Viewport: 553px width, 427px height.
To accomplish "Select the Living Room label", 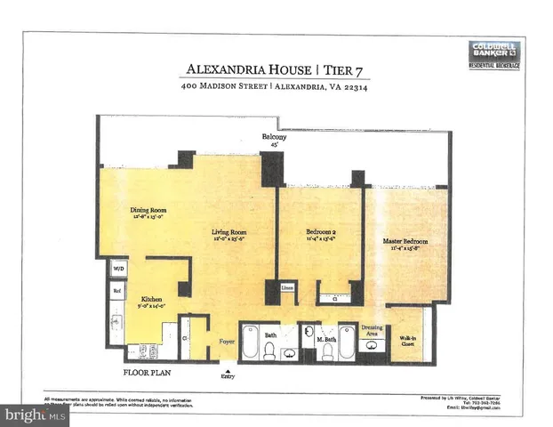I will pos(228,235).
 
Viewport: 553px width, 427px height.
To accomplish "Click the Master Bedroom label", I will pos(405,241).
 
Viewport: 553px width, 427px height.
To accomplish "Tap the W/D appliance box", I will pos(118,268).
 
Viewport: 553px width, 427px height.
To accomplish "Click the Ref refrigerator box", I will pos(116,289).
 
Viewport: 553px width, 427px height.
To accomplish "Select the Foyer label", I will pos(227,341).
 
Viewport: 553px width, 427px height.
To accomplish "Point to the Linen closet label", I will pos(286,287).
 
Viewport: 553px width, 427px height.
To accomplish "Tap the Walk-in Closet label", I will pos(407,341).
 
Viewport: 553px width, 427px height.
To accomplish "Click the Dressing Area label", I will pos(370,329).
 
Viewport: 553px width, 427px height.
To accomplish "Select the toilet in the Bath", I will pos(269,352).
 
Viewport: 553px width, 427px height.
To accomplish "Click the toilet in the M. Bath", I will pos(326,352).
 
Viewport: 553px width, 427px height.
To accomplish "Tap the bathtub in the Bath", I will pos(251,344).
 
